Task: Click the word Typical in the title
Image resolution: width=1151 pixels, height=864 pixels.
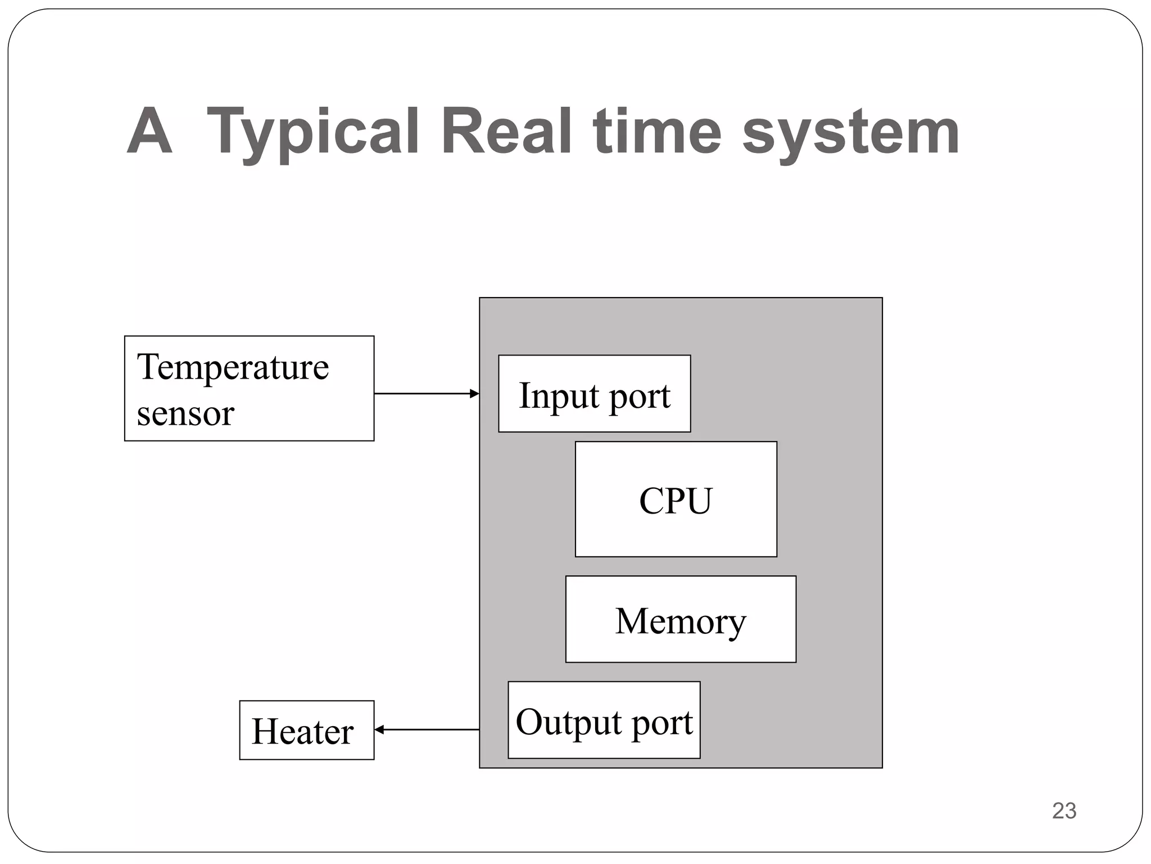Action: [312, 133]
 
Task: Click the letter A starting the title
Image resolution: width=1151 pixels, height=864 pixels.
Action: [148, 132]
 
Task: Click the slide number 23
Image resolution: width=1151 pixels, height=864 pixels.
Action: [1064, 811]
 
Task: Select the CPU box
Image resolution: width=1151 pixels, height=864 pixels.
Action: [676, 499]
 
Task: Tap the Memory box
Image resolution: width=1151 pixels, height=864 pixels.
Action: [680, 619]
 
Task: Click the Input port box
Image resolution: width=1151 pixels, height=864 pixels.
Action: [594, 394]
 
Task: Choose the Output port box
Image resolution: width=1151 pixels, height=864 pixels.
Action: [604, 720]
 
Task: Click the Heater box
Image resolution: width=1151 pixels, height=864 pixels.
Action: [306, 730]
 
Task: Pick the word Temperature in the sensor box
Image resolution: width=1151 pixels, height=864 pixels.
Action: [233, 367]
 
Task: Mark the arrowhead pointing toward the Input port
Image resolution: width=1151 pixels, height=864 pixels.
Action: [475, 394]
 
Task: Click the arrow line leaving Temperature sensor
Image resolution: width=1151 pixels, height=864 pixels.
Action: [422, 394]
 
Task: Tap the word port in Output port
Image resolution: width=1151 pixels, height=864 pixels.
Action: [662, 723]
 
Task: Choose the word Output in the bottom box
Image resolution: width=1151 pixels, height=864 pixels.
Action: [569, 723]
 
